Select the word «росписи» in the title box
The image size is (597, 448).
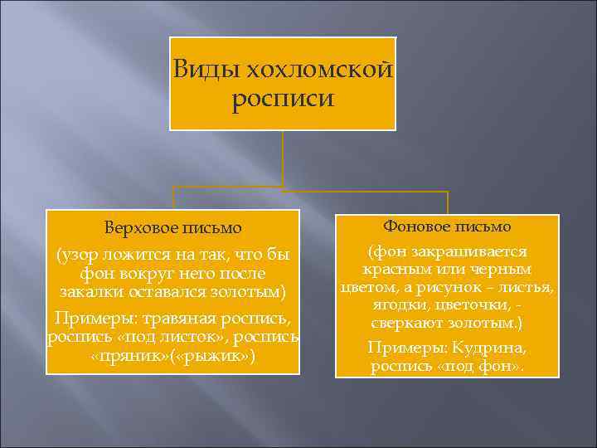click(283, 100)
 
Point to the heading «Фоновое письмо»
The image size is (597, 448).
click(447, 226)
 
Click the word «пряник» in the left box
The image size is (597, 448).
click(120, 357)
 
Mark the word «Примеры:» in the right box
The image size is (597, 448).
click(401, 348)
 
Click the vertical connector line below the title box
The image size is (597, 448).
click(283, 158)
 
